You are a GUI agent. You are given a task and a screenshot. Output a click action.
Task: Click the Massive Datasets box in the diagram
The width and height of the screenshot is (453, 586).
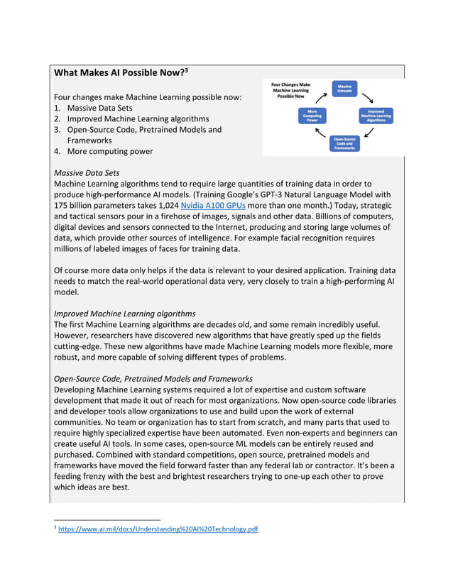pyautogui.click(x=345, y=89)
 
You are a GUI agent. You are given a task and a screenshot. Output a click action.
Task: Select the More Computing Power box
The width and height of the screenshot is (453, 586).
pyautogui.click(x=312, y=116)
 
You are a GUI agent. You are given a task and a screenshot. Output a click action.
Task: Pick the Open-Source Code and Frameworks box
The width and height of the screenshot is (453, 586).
pyautogui.click(x=345, y=143)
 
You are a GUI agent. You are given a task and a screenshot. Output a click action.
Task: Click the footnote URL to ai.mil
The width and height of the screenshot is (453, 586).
pyautogui.click(x=158, y=529)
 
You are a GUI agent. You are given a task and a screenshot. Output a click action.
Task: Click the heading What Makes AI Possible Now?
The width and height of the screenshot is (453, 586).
pyautogui.click(x=118, y=72)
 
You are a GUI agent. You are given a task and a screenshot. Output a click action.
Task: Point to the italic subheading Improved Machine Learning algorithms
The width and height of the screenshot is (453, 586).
pyautogui.click(x=125, y=313)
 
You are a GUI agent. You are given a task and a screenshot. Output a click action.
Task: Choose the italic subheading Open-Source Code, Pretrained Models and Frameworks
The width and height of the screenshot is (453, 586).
pyautogui.click(x=153, y=378)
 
